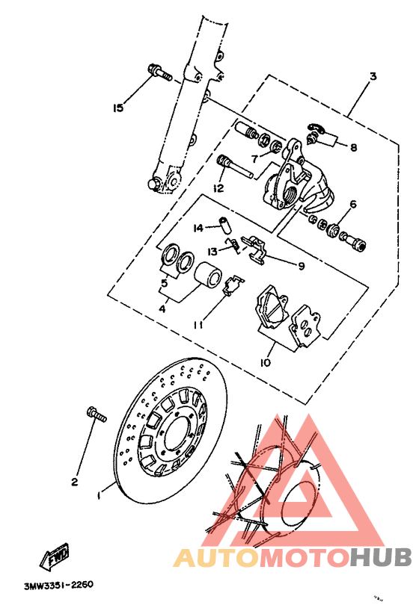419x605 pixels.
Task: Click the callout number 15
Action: (117, 108)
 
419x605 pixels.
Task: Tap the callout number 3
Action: (372, 77)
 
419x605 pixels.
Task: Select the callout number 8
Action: (353, 148)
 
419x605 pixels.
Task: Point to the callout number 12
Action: (218, 188)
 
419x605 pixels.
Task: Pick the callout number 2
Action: (74, 482)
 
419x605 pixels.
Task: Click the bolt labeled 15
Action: (160, 73)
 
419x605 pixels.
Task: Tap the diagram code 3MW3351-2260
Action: (58, 586)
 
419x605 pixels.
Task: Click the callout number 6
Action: (352, 204)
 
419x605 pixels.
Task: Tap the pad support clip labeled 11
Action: (233, 285)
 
